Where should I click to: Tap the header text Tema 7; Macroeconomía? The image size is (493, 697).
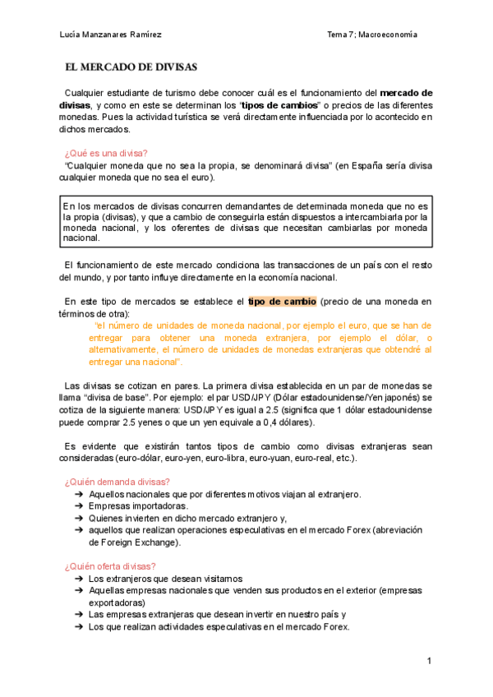tap(371, 35)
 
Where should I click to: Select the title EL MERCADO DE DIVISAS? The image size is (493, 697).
tap(131, 67)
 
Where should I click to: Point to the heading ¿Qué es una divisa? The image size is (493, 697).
tap(105, 153)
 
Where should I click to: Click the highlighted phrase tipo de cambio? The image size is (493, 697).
tap(282, 302)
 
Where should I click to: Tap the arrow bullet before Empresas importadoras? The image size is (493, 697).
tap(78, 506)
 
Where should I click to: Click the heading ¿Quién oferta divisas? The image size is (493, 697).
tap(109, 566)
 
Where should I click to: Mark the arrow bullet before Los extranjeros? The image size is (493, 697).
tap(78, 579)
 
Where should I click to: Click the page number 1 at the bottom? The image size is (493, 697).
tap(429, 662)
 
